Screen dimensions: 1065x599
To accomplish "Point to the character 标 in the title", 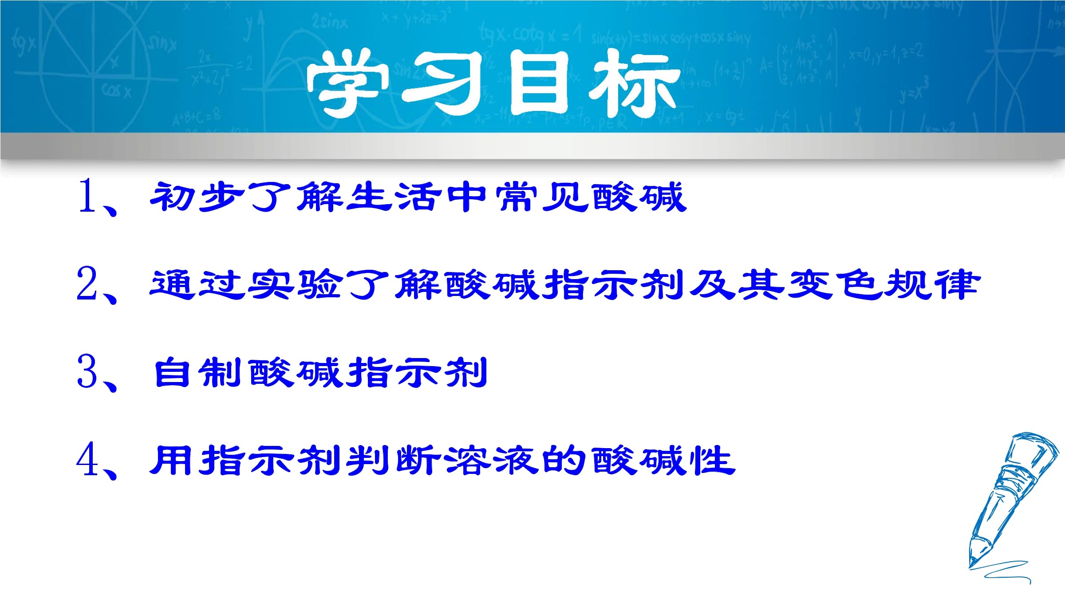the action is coord(635,83).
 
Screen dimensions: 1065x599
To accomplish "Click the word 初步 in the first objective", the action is coord(197,197).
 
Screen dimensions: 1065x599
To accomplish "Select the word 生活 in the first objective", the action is coord(393,197).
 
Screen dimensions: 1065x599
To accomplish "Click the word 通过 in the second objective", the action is coord(197,284).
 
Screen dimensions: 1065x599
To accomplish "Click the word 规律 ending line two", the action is coord(932,284).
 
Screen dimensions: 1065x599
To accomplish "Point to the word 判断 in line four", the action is coord(393,460).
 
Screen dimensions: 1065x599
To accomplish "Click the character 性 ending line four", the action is coord(713,460).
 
